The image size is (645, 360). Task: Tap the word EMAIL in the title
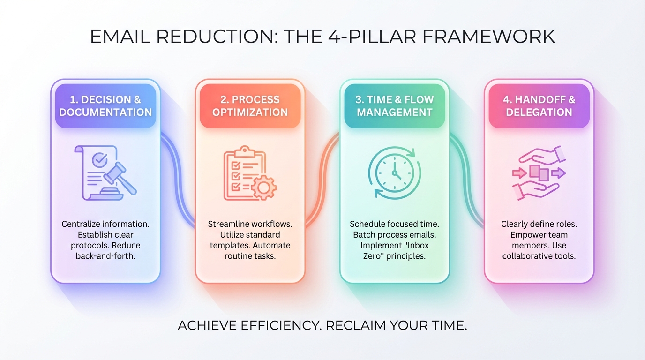point(120,36)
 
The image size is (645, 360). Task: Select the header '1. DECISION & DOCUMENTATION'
point(105,105)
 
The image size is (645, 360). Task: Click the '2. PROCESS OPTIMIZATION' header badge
point(250,105)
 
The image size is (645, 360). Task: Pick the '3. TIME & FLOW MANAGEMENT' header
point(395,105)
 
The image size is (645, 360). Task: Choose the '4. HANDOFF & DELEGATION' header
point(539,105)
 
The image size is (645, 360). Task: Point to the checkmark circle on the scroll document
point(100,160)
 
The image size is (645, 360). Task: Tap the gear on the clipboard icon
point(263,187)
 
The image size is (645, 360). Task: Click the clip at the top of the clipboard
point(245,151)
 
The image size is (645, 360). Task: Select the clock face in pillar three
point(395,173)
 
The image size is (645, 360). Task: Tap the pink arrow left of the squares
point(520,173)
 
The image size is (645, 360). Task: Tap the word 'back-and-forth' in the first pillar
point(105,256)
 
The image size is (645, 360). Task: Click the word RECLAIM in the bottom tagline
point(356,326)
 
